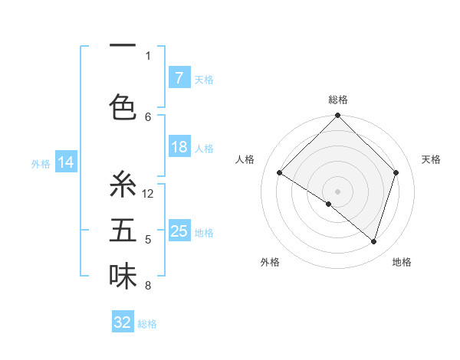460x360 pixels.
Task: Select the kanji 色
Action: (123, 106)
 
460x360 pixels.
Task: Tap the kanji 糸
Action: (123, 185)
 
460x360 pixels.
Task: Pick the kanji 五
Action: (123, 231)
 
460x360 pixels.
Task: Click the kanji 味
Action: (123, 277)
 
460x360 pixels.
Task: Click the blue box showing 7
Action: (179, 77)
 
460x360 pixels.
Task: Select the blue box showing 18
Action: (179, 147)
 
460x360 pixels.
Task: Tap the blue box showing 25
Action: (179, 231)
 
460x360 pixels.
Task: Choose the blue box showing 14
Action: (65, 162)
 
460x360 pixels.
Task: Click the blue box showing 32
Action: (123, 322)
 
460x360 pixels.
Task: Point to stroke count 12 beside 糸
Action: (148, 194)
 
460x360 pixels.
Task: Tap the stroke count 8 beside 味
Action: (148, 286)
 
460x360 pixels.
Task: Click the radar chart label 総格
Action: (337, 100)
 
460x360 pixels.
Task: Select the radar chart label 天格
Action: (431, 159)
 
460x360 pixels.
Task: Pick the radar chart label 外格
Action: (269, 262)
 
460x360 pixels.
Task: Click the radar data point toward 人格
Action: (280, 173)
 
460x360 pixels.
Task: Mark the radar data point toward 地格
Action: (373, 241)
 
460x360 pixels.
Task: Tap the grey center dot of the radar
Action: (337, 191)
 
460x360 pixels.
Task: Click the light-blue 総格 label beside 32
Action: (147, 324)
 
